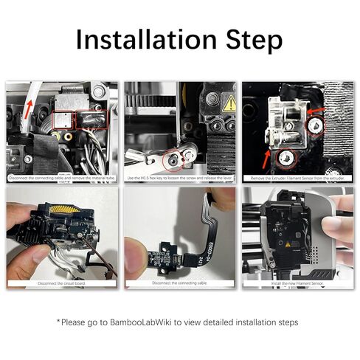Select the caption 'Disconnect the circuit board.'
61,283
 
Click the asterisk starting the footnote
59,322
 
